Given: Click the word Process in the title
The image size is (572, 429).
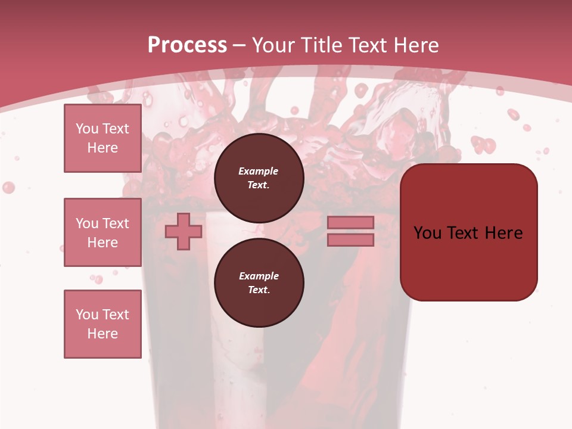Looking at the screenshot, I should click(x=187, y=45).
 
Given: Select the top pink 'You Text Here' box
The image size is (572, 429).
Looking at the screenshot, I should click(x=102, y=138).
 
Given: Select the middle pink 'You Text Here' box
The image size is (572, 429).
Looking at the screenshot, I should click(x=102, y=232).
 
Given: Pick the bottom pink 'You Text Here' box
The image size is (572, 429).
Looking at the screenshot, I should click(x=102, y=324).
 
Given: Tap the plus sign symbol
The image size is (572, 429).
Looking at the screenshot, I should click(x=184, y=231).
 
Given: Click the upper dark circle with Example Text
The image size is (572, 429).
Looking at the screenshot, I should click(x=259, y=178).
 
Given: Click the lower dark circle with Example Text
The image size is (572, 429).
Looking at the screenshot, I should click(x=259, y=282).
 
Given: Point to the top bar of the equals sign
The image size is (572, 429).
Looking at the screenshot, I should click(x=350, y=222).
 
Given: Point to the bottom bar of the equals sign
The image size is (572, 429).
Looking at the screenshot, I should click(x=350, y=240).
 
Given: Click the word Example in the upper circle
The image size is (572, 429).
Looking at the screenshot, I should click(x=259, y=171).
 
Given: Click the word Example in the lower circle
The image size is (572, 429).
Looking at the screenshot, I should click(x=259, y=276).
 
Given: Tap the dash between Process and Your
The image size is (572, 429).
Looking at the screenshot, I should click(x=240, y=46).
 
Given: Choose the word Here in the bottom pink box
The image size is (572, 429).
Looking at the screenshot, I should click(x=102, y=334).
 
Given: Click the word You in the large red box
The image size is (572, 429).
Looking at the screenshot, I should click(x=427, y=233).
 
